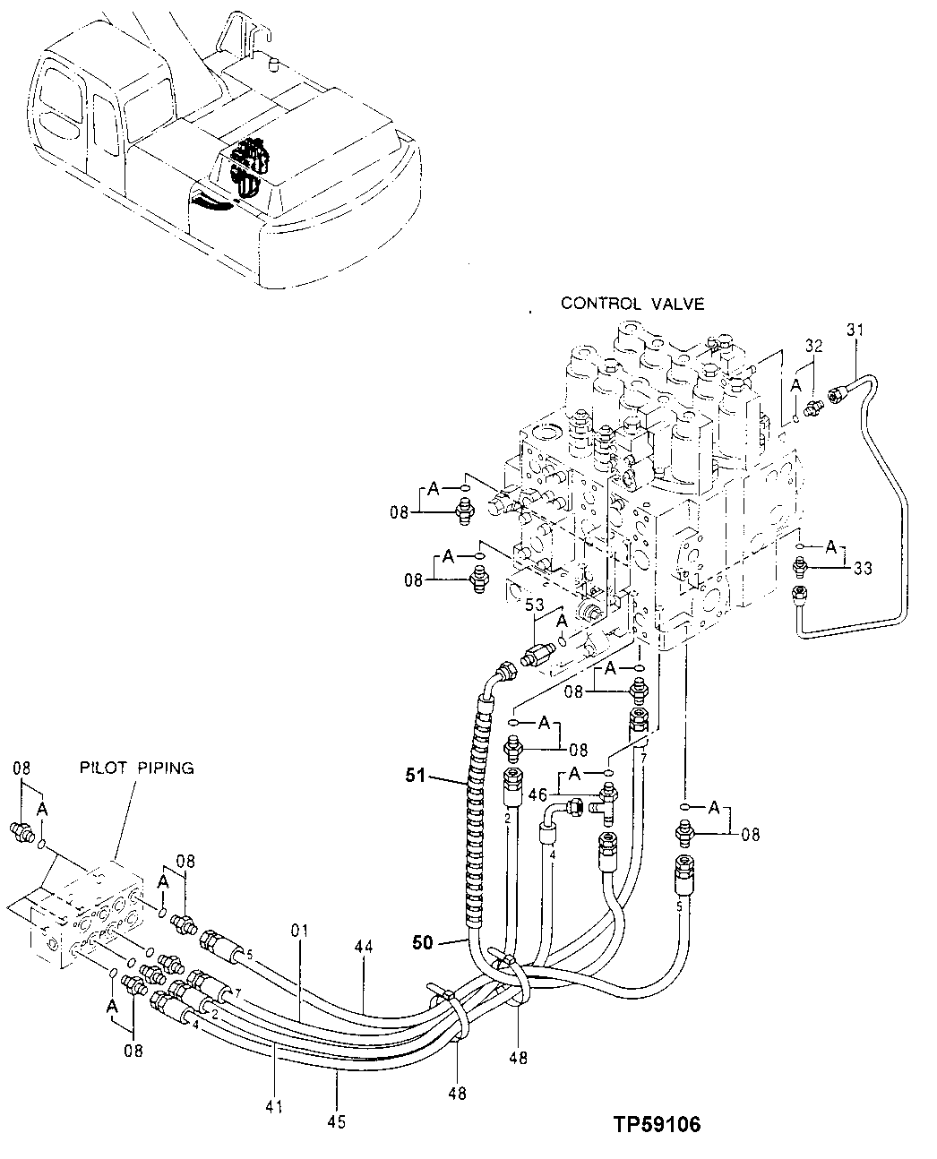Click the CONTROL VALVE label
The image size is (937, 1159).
pos(632,304)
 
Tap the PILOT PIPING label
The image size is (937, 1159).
pos(135,768)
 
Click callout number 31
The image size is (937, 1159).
pos(855,331)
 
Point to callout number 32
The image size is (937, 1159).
pos(812,345)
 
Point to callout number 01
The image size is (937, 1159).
pos(298,931)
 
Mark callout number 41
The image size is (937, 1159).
pos(274,1107)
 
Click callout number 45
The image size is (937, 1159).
pos(336,1120)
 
